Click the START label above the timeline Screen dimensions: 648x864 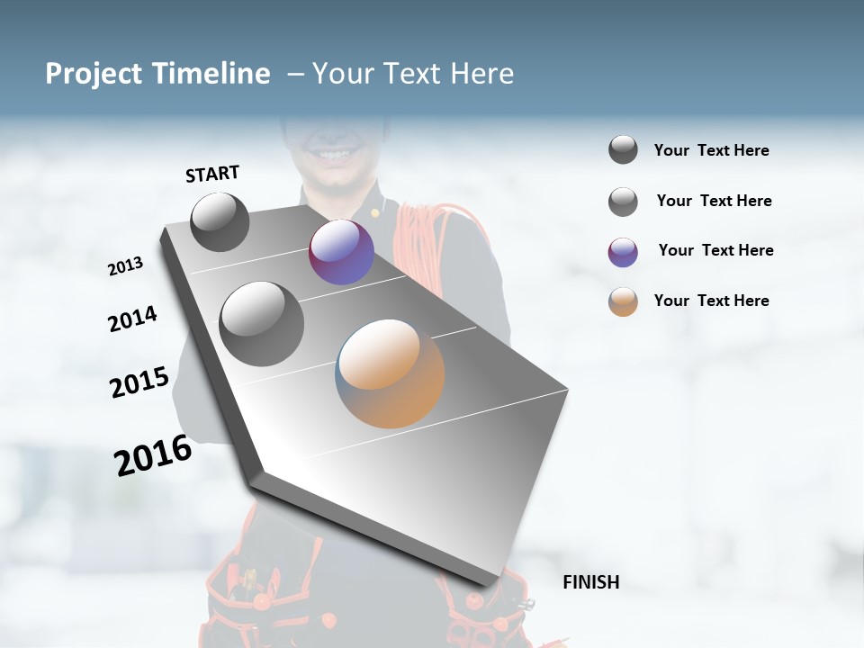[x=212, y=174]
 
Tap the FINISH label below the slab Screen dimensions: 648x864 [x=590, y=582]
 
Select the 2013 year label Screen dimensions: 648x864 [x=126, y=266]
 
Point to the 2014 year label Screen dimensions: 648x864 [x=133, y=319]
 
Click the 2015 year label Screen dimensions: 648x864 [x=139, y=382]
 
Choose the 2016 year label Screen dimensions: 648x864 [x=153, y=455]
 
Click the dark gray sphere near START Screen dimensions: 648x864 [x=220, y=221]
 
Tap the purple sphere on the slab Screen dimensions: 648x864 [x=341, y=253]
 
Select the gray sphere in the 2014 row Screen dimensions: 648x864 [x=261, y=324]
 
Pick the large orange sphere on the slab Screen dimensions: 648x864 [x=391, y=373]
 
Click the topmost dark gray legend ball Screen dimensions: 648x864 [x=623, y=150]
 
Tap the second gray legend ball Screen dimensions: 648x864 [x=623, y=202]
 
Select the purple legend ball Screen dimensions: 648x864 [x=623, y=252]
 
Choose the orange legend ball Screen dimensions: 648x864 [x=623, y=301]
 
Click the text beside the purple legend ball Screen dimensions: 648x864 [x=715, y=250]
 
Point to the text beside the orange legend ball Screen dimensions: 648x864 [x=711, y=301]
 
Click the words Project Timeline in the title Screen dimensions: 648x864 [x=157, y=74]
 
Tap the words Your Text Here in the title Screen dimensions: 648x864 [x=412, y=74]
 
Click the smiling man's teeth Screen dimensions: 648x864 [x=332, y=156]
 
